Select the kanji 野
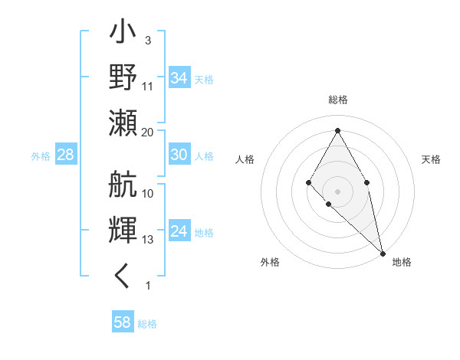(123, 77)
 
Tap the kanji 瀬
(123, 123)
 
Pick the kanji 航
(123, 185)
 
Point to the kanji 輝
(123, 230)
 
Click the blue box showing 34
(179, 78)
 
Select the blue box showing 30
(179, 155)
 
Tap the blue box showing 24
(179, 231)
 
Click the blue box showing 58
(123, 322)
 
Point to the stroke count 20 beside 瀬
(148, 132)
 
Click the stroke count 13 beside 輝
(148, 240)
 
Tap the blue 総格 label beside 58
(147, 323)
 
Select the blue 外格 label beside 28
(41, 156)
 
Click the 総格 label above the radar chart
(337, 100)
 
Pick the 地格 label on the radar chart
(402, 262)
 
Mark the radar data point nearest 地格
(383, 253)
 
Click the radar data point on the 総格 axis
(337, 130)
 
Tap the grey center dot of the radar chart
(337, 191)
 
